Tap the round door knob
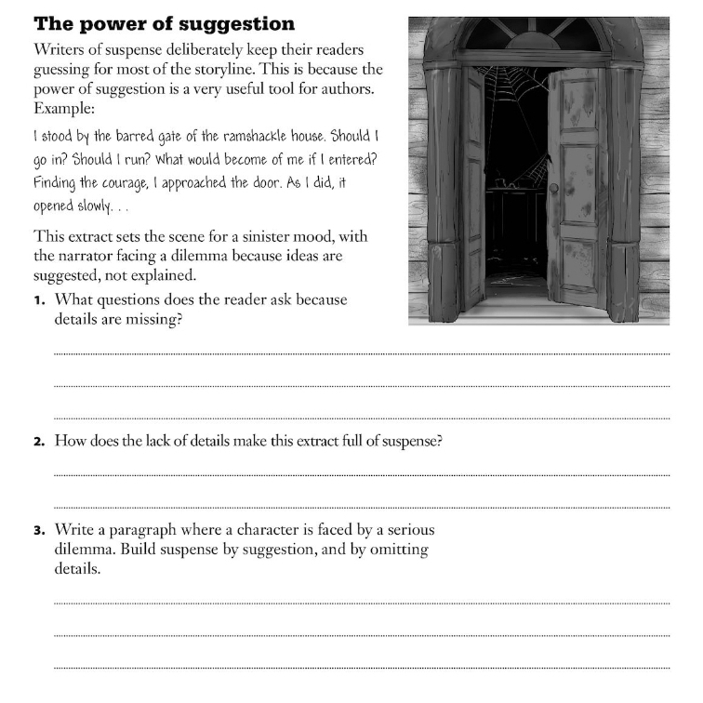tap(554, 188)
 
